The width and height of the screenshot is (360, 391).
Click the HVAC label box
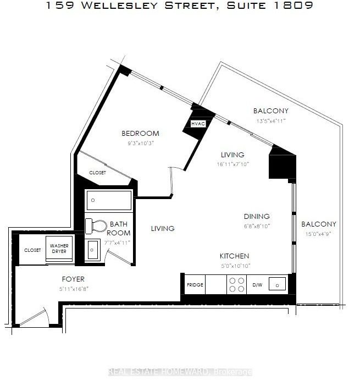(198, 124)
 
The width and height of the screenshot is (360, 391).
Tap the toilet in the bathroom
(96, 226)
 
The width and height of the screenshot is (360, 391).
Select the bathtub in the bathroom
(109, 201)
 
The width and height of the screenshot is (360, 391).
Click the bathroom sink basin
(92, 250)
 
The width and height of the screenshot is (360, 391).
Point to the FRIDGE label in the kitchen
(195, 285)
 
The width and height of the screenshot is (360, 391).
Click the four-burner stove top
(236, 285)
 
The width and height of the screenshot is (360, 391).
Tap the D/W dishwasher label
(257, 285)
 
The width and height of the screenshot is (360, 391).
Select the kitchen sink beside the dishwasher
(277, 284)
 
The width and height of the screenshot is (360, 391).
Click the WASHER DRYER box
(59, 249)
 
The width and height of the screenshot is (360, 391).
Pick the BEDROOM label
(140, 134)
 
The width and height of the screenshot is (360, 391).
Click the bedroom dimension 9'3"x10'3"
(141, 144)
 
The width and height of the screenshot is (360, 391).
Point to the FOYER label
(73, 279)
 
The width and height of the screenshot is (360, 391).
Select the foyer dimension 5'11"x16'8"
(74, 289)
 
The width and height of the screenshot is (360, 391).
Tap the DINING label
(257, 217)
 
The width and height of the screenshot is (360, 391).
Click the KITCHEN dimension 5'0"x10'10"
(236, 266)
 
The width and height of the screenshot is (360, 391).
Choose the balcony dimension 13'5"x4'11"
(271, 121)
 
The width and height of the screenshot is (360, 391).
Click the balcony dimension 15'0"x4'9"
(318, 234)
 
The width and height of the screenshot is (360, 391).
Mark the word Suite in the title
(246, 5)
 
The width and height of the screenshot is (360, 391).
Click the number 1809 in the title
(293, 5)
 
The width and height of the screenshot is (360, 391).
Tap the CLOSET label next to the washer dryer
(32, 250)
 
